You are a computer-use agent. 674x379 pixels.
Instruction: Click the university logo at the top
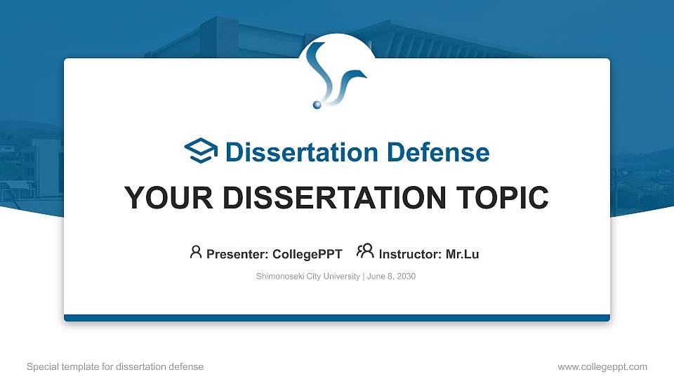click(337, 74)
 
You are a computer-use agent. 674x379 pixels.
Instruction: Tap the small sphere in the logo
click(317, 105)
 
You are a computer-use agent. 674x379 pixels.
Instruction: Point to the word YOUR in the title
click(159, 198)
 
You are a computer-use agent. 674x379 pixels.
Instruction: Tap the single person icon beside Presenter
click(196, 251)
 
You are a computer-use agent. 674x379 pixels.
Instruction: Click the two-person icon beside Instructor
click(365, 251)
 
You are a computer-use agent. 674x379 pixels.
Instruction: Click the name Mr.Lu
click(463, 254)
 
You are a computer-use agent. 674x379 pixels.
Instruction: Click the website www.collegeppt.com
click(602, 366)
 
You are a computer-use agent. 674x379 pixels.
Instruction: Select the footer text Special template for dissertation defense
click(115, 366)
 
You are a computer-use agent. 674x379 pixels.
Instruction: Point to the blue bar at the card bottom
click(337, 318)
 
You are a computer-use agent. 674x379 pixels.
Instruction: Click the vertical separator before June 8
click(364, 277)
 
